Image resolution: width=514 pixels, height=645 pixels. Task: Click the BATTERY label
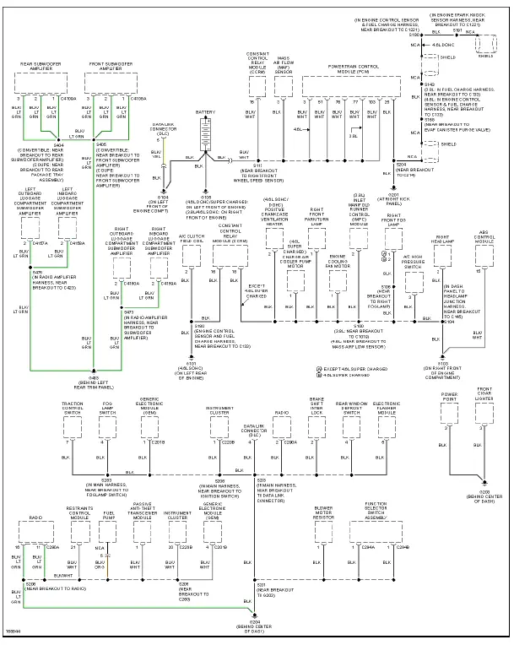(204, 111)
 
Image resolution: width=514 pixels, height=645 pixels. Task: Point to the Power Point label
(448, 395)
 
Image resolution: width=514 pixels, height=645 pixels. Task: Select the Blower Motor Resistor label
(324, 513)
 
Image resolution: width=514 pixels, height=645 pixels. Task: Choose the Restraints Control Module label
(79, 512)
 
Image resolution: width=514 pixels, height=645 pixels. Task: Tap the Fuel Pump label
(109, 514)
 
